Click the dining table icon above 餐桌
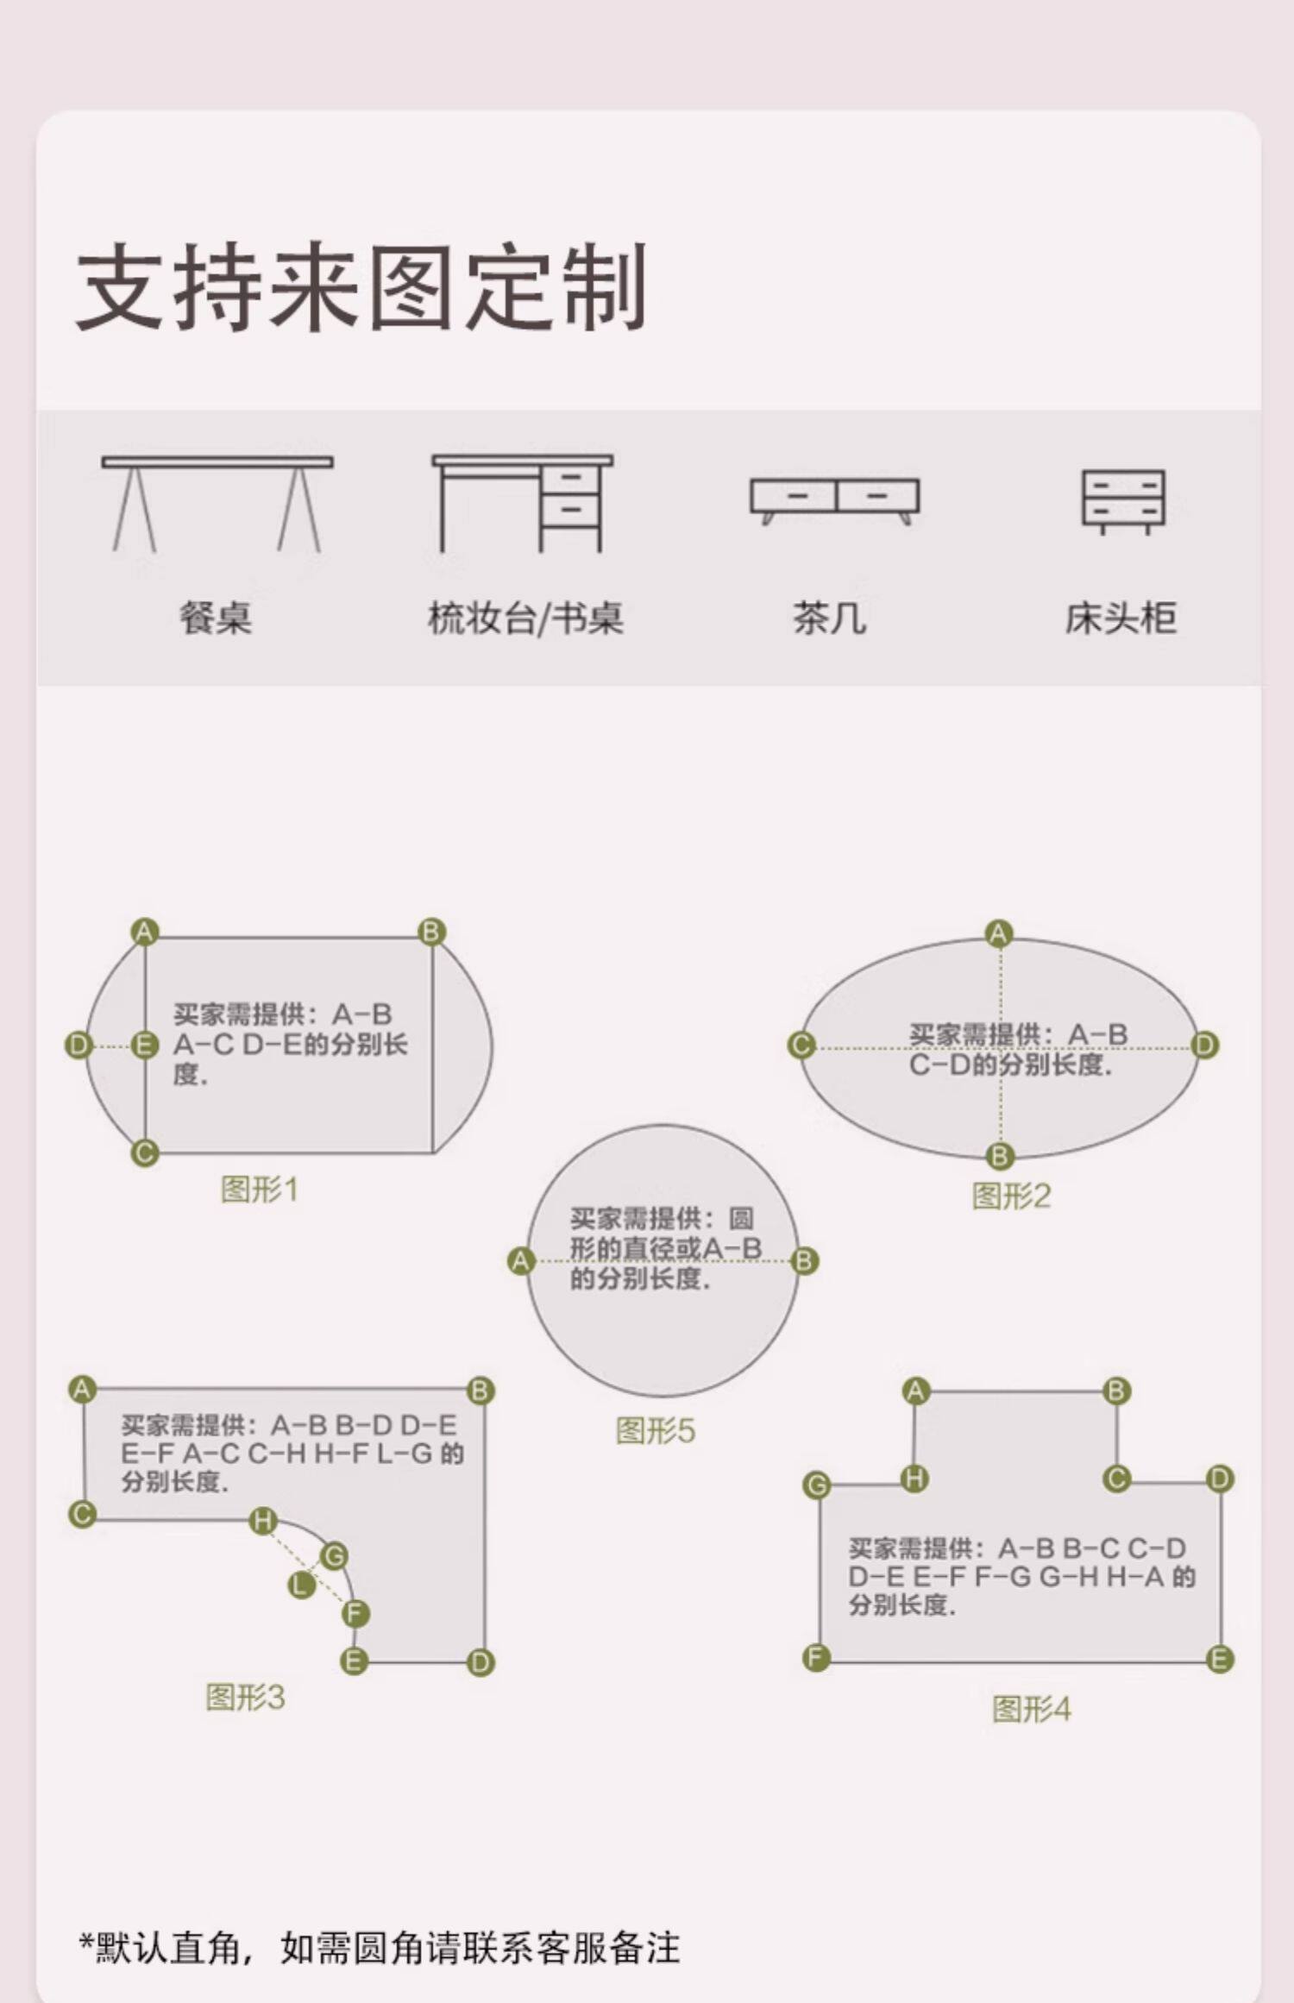217,504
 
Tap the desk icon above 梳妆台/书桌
523,504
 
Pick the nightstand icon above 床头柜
1123,501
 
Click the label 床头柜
1120,618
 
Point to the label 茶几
829,618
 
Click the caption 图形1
260,1190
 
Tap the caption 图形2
1011,1196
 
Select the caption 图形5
655,1430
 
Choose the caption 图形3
245,1697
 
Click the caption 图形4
1031,1708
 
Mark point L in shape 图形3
300,1584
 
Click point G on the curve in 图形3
334,1555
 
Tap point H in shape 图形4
914,1479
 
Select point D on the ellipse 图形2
1204,1045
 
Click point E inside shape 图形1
144,1045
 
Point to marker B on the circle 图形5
804,1261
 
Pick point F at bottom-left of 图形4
816,1657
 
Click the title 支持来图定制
362,287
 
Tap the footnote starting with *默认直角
380,1947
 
